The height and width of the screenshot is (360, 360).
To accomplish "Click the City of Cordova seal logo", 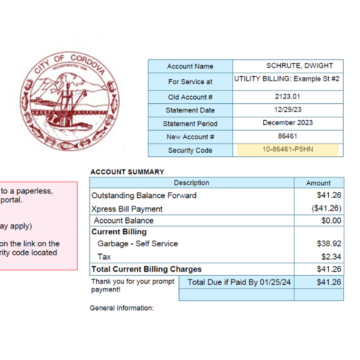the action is pyautogui.click(x=70, y=103).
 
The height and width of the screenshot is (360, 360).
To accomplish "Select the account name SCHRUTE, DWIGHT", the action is pyautogui.click(x=299, y=66).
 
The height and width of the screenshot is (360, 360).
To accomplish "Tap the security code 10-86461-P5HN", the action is pyautogui.click(x=288, y=150).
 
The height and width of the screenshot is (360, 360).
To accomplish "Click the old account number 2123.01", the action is pyautogui.click(x=287, y=96).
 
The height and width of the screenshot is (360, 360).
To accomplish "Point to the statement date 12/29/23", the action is pyautogui.click(x=287, y=110).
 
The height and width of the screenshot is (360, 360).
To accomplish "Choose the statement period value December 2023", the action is pyautogui.click(x=287, y=123).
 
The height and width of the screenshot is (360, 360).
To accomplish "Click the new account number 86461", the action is pyautogui.click(x=287, y=136).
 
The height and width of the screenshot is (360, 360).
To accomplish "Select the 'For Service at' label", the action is pyautogui.click(x=190, y=82).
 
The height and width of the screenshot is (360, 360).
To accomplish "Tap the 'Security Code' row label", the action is pyautogui.click(x=190, y=150).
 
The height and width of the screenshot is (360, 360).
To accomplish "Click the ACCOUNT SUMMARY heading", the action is pyautogui.click(x=127, y=172).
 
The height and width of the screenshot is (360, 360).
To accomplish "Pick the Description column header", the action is pyautogui.click(x=191, y=183).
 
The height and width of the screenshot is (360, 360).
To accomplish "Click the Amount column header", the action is pyautogui.click(x=318, y=183).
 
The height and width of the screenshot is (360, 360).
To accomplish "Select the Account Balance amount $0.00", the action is pyautogui.click(x=331, y=221).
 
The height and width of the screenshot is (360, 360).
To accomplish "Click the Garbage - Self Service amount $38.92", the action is pyautogui.click(x=329, y=244).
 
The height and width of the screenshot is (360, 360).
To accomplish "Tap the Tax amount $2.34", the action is pyautogui.click(x=331, y=257).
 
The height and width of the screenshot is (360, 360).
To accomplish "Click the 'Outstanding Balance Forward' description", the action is pyautogui.click(x=144, y=195).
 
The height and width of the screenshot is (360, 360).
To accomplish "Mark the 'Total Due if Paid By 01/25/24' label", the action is pyautogui.click(x=235, y=282).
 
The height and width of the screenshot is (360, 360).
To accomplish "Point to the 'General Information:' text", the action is pyautogui.click(x=121, y=308).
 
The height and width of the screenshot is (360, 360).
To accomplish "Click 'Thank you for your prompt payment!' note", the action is pyautogui.click(x=133, y=285).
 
